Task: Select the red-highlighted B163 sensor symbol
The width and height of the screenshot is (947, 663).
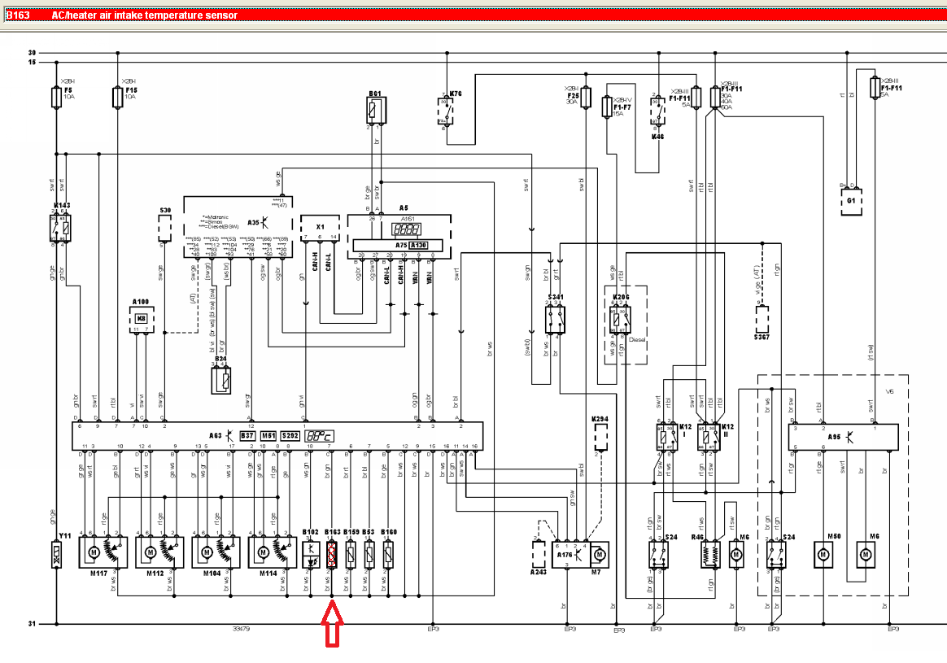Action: click(x=332, y=556)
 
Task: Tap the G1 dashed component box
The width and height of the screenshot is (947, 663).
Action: click(x=852, y=200)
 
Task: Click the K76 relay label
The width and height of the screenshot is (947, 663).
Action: click(x=456, y=94)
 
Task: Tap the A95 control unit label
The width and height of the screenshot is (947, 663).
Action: click(x=834, y=437)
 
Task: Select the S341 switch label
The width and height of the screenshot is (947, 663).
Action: click(x=556, y=298)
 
